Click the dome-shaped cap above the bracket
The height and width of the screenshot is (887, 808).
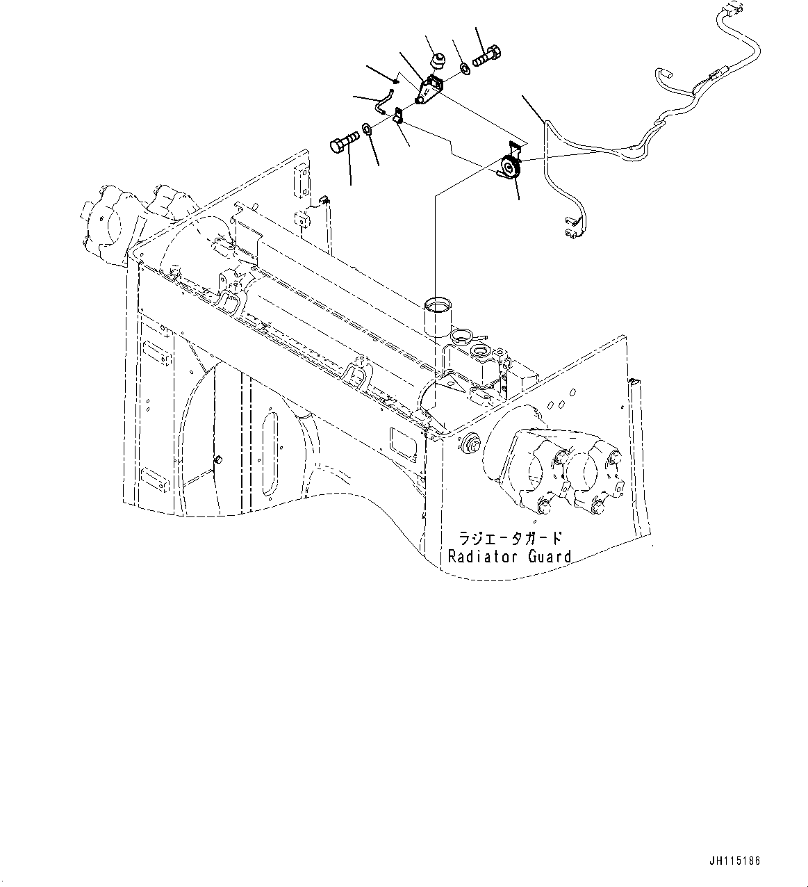pos(439,60)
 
